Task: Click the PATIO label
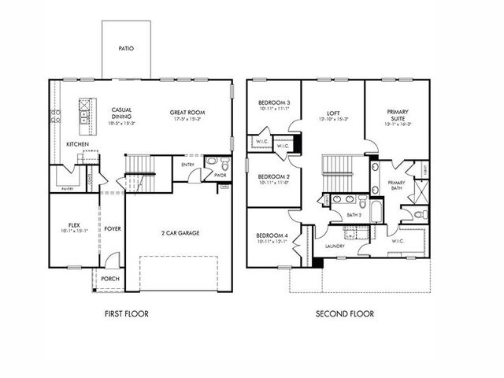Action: pyautogui.click(x=126, y=49)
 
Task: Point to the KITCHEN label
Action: pyautogui.click(x=76, y=144)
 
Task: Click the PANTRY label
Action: pyautogui.click(x=68, y=187)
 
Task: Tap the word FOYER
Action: pyautogui.click(x=113, y=229)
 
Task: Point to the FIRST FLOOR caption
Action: pyautogui.click(x=127, y=313)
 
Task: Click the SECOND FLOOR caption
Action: pyautogui.click(x=345, y=313)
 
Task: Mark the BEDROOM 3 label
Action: pyautogui.click(x=274, y=103)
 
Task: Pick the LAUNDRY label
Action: pyautogui.click(x=335, y=246)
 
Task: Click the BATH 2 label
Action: pyautogui.click(x=354, y=214)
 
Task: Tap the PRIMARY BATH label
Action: pyautogui.click(x=397, y=186)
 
